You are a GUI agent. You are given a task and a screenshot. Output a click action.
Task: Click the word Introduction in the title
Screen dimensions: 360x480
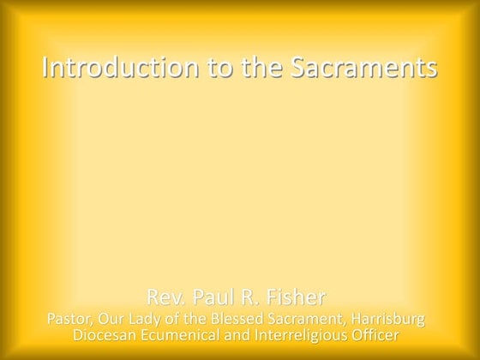(x=109, y=68)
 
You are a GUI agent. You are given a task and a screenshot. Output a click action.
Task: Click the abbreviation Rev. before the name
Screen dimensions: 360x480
(x=165, y=298)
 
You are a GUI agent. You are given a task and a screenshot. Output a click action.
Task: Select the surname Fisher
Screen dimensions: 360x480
(x=297, y=298)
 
